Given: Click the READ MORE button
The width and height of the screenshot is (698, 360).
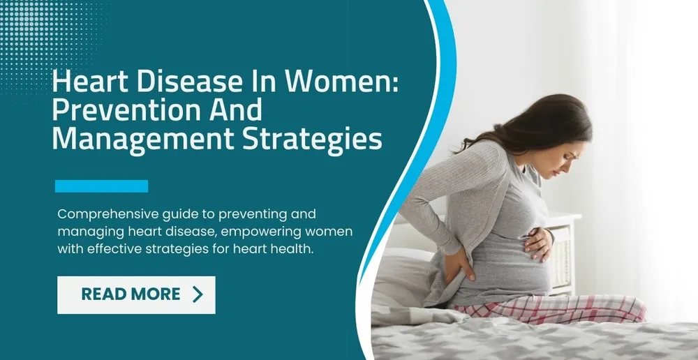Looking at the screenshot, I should point(136,294).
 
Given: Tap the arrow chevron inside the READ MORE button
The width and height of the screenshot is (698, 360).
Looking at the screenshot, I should point(198,294).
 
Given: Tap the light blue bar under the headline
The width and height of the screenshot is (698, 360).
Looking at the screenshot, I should point(101,186).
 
